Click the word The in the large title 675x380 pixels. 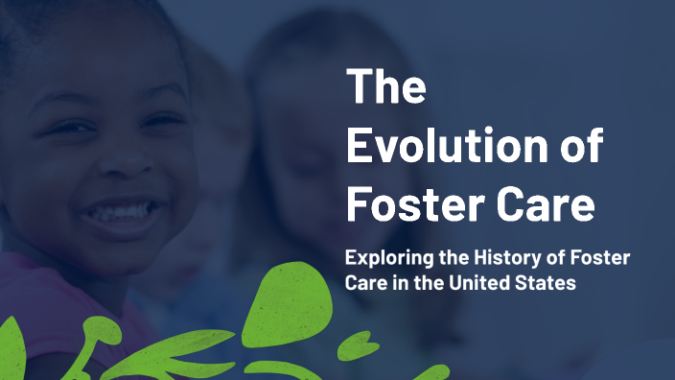point(386,87)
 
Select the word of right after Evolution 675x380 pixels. point(580,146)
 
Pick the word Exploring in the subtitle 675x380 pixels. point(386,260)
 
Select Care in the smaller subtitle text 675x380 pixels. point(366,285)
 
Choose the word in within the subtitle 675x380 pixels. point(405,285)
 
